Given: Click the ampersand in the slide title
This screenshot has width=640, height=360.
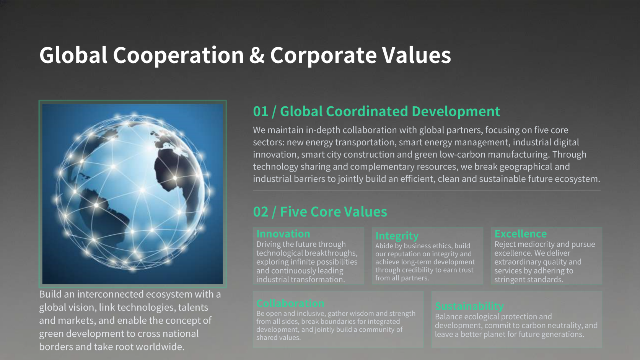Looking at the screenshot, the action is [257, 55].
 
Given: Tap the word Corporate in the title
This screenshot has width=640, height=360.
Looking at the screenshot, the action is [323, 55].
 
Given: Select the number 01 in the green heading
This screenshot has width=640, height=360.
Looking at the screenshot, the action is [261, 111].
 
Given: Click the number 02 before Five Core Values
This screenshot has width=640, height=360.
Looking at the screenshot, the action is [261, 212].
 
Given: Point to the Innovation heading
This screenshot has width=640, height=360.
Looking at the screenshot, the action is [283, 234].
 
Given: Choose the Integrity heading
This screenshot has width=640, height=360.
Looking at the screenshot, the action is [397, 236].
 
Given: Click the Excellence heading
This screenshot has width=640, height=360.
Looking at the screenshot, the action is [521, 234].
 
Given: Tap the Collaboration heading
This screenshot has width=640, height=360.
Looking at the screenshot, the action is [290, 303].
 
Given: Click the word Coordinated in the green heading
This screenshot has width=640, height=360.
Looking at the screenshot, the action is [367, 111].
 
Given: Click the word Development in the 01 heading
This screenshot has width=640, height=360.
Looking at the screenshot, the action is [456, 112].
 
